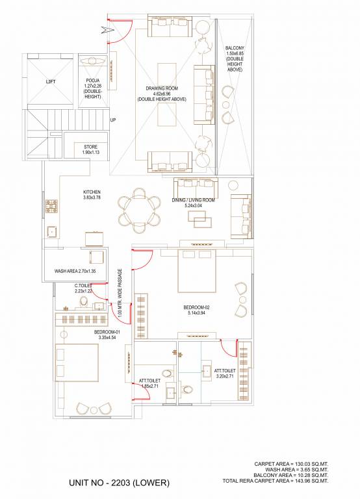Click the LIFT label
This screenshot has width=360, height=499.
[51, 82]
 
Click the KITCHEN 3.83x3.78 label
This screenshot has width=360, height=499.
[92, 196]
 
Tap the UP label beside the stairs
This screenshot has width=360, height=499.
[113, 120]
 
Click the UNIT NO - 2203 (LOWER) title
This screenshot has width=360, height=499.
[119, 483]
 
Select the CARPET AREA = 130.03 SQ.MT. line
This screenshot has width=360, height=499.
[291, 463]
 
